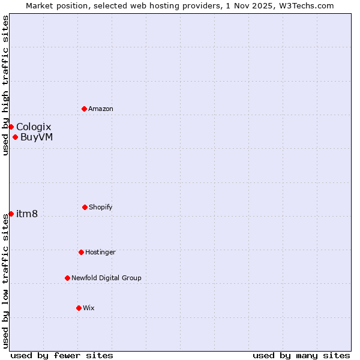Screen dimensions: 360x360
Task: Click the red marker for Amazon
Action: (84, 109)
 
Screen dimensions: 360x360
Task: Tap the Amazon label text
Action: (101, 109)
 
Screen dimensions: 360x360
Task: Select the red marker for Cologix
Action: (11, 127)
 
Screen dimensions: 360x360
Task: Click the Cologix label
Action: (34, 127)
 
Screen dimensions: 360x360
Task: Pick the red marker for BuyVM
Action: (15, 137)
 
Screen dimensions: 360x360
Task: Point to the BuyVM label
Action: (37, 137)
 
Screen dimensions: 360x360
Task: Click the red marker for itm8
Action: (11, 214)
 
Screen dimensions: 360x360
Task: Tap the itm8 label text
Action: (27, 214)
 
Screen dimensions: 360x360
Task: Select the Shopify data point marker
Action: (85, 207)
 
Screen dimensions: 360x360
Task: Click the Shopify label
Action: (101, 207)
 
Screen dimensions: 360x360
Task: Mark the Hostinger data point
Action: (81, 252)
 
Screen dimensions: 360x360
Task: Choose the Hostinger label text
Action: (100, 252)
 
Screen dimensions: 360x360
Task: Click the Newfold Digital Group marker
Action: (67, 278)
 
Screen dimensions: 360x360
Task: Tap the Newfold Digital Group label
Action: (106, 278)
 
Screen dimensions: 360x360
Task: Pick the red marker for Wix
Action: (79, 308)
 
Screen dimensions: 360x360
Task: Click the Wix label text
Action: (89, 308)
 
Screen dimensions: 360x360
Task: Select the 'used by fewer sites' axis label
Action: (62, 355)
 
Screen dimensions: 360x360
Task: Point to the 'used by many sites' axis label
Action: (301, 355)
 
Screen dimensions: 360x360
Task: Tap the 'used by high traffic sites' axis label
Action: (5, 85)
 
